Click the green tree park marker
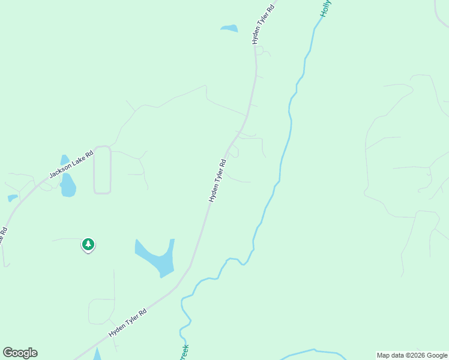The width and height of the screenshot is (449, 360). click(88, 244)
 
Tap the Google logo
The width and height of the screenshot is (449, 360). click(20, 353)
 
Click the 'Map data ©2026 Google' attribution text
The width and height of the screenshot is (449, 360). click(412, 355)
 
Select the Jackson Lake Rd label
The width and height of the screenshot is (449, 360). click(72, 164)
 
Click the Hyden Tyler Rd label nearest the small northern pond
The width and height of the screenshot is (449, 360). click(263, 25)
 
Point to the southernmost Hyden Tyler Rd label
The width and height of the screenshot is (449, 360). click(128, 323)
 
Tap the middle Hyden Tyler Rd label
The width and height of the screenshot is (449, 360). click(217, 180)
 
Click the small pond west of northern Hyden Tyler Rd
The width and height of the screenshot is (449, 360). click(229, 28)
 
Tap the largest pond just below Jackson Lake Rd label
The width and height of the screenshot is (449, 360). click(68, 186)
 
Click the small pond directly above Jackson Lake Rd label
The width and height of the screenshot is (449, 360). click(64, 160)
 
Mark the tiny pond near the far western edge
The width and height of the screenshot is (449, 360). click(12, 198)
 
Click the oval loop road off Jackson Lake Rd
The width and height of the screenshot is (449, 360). click(102, 170)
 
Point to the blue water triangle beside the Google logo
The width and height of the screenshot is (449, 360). click(97, 355)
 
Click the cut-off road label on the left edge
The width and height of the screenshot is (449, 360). click(3, 235)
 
